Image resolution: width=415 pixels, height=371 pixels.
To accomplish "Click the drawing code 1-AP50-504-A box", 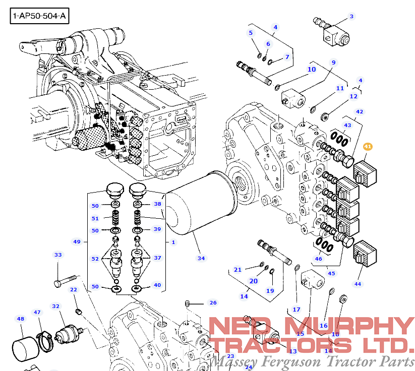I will [39, 16].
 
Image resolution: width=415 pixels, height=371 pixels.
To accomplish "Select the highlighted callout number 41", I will [368, 147].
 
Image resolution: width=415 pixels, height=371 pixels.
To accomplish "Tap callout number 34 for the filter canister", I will [201, 258].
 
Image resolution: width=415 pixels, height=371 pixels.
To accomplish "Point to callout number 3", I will [351, 17].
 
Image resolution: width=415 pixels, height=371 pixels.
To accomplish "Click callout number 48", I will [20, 319].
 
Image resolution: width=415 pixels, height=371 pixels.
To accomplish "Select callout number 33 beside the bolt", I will [58, 255].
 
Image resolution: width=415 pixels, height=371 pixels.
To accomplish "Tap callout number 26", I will [213, 303].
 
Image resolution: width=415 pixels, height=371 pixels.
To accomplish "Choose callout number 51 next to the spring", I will [95, 218].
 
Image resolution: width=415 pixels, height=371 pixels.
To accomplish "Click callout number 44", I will [358, 284].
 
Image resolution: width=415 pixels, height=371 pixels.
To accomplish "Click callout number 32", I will [56, 306].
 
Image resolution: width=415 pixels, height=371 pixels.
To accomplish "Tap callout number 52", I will [95, 259].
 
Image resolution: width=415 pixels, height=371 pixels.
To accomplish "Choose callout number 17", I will [297, 309].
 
